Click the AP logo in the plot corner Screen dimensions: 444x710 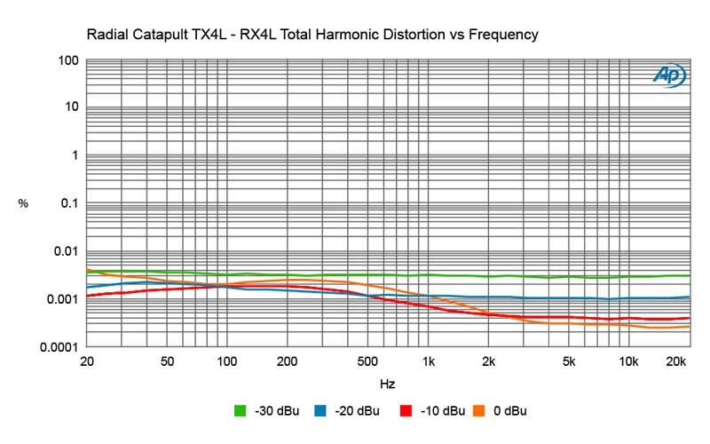click(x=669, y=76)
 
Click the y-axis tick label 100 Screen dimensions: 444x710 click(x=69, y=60)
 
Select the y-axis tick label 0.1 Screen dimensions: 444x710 click(x=68, y=203)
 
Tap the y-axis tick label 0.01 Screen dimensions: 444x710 click(x=65, y=251)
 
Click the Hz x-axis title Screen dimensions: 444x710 click(x=387, y=385)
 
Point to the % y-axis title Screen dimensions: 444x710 click(x=23, y=203)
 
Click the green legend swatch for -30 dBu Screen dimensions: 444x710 click(x=240, y=411)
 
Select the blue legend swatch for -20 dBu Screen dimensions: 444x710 click(x=321, y=411)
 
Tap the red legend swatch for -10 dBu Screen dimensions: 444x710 click(x=406, y=411)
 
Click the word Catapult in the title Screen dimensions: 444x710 click(x=166, y=36)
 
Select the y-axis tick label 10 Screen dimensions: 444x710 click(x=72, y=107)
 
